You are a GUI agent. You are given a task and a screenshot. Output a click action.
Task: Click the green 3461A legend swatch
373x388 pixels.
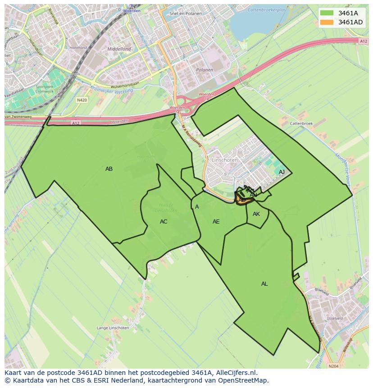328,13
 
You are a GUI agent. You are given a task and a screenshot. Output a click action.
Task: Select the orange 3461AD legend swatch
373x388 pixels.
328,22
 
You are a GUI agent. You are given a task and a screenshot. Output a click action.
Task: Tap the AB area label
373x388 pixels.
109,169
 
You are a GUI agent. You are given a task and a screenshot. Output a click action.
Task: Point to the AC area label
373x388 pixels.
164,222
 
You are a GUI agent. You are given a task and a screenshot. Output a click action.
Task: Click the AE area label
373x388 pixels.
216,222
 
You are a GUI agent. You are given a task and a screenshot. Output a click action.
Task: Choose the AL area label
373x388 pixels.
264,284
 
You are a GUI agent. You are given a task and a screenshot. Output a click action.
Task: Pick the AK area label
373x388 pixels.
256,214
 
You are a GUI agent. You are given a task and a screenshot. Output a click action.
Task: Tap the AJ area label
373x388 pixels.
282,172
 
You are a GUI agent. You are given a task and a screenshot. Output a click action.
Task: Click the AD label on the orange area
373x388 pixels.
242,200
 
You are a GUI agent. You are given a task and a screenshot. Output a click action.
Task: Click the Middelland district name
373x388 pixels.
119,49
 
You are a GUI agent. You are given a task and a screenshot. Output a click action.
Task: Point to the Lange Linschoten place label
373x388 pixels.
113,328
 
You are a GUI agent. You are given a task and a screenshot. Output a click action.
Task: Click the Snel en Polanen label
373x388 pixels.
186,14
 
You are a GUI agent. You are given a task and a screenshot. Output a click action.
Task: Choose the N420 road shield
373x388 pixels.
82,100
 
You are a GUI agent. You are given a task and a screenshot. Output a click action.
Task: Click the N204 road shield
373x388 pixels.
333,366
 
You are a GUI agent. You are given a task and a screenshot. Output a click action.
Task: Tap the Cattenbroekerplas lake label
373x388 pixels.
268,9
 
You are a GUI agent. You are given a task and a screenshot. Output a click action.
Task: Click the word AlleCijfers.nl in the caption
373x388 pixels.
237,373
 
